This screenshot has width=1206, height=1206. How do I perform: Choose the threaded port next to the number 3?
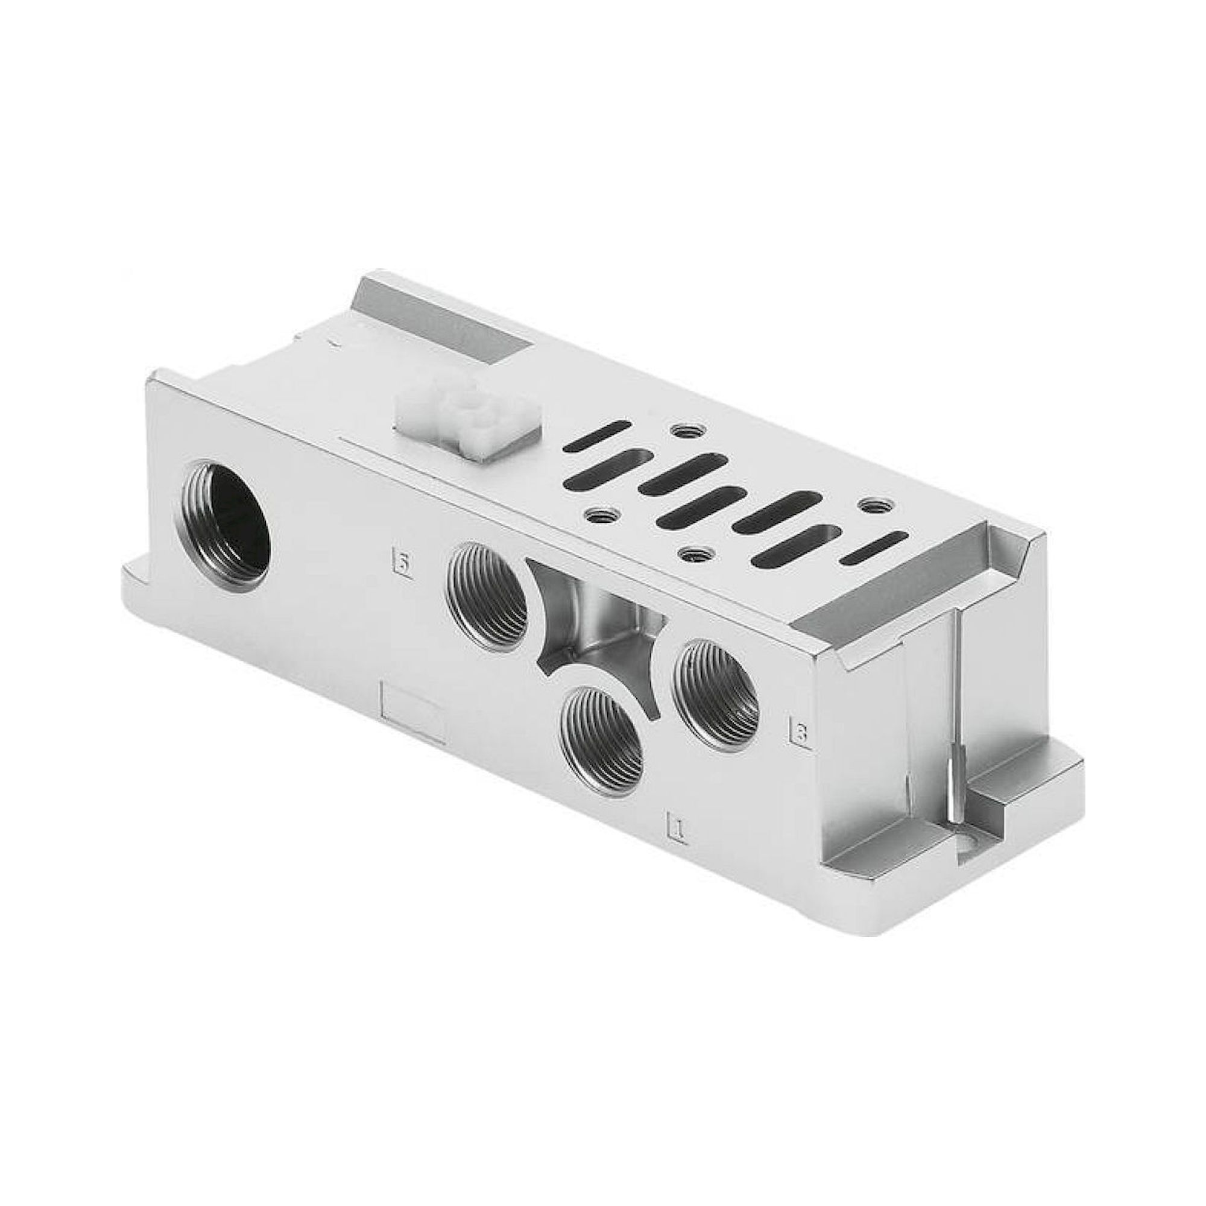[x=718, y=691]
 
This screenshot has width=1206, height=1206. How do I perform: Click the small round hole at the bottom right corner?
[x=968, y=850]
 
